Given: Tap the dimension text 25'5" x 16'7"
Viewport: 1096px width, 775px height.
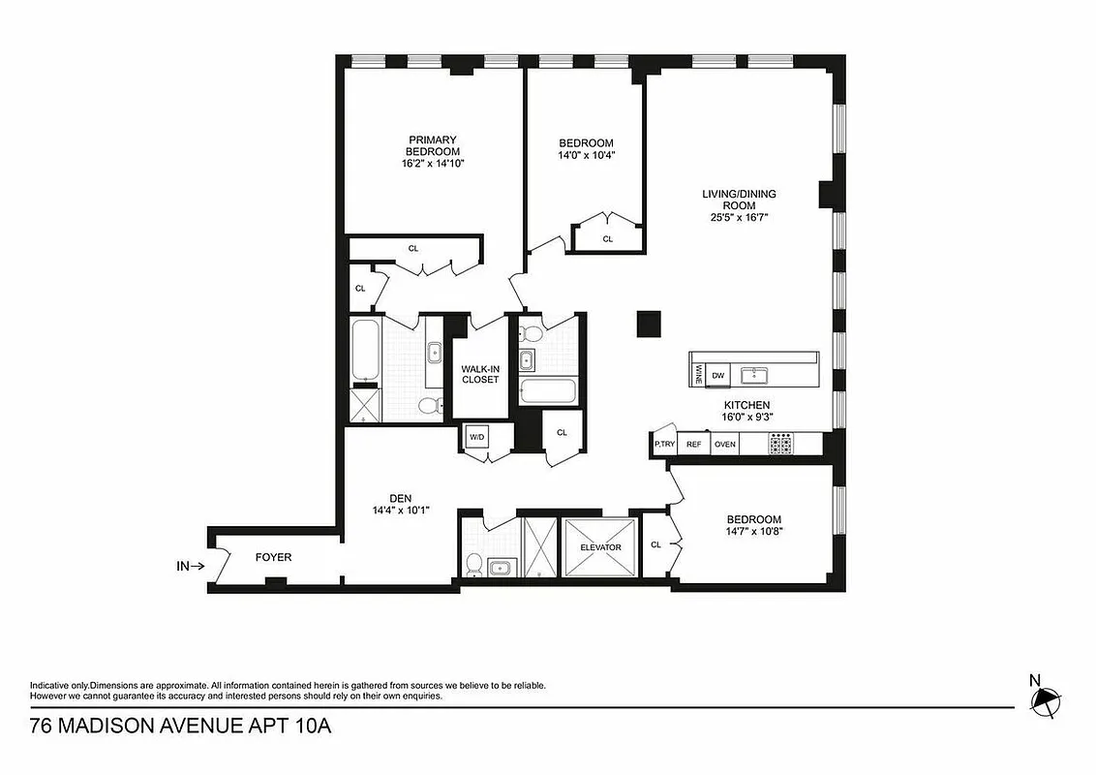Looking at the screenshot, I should tap(739, 217).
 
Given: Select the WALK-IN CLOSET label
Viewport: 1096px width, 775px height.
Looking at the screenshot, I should tap(479, 374).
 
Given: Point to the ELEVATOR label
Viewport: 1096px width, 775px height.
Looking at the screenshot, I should tap(599, 547).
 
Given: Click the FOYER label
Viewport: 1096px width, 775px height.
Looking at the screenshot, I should tap(273, 557).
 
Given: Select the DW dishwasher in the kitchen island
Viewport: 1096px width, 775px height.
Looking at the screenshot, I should tap(717, 375).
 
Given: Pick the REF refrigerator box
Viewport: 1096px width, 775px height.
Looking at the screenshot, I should tap(693, 445).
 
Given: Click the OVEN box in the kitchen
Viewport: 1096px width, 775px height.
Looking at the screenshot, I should tap(724, 445).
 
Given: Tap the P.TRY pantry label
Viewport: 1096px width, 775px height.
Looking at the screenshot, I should tap(664, 445).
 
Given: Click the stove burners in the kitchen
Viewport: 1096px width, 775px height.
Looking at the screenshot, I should tap(780, 444).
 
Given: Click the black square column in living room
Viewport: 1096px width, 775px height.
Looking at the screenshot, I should tap(648, 325).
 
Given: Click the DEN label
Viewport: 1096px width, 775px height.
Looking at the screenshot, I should tap(386, 498).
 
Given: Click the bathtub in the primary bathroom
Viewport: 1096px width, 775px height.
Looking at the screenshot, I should tap(364, 351).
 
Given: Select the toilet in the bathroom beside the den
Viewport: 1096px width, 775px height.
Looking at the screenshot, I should tap(474, 564).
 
